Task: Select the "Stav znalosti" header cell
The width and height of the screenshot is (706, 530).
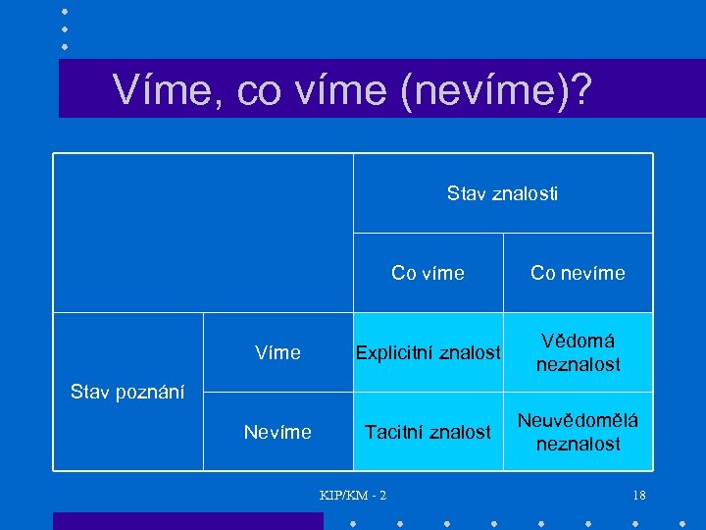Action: click(502, 194)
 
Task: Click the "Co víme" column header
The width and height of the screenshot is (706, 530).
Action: click(428, 273)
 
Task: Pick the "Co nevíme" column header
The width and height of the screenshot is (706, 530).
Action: click(578, 273)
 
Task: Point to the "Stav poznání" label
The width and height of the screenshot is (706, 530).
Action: click(127, 392)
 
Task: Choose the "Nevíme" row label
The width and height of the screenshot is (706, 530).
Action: click(277, 432)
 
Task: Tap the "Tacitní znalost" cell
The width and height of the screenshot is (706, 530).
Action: click(428, 432)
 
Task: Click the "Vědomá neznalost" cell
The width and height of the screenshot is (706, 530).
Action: click(578, 352)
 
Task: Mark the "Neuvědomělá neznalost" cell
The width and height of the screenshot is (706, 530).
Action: click(578, 432)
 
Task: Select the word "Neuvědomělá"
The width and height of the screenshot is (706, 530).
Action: click(578, 420)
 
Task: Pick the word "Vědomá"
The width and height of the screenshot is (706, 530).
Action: click(578, 341)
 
